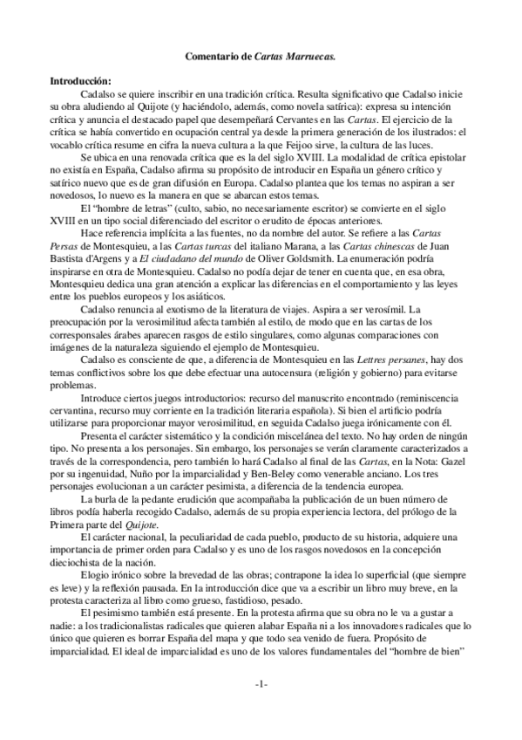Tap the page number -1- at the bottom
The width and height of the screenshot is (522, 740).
261,683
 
